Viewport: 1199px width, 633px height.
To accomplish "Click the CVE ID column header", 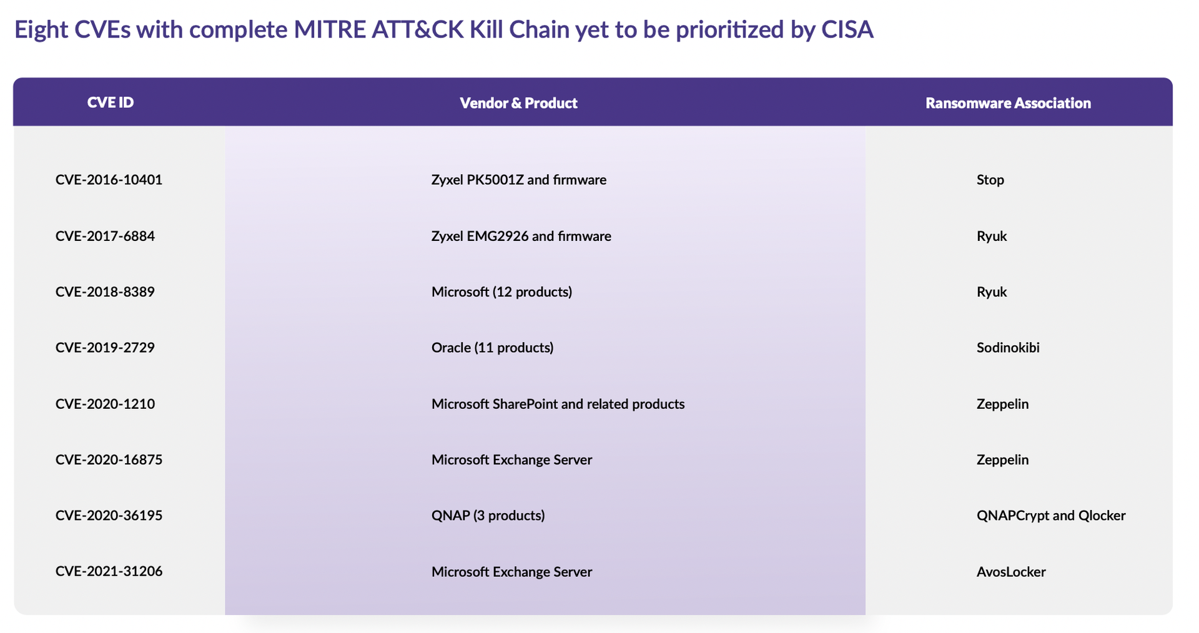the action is pos(111,102).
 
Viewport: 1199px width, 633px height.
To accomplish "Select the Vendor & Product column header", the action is pos(518,103).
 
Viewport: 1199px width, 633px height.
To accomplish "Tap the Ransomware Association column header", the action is pos(1008,103).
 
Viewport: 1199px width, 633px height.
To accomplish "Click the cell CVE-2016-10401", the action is pos(109,180).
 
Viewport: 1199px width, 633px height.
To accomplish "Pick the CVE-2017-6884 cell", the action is pos(105,236).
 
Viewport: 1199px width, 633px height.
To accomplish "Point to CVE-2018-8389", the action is pos(105,292).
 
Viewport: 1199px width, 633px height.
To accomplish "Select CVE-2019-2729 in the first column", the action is pos(105,347).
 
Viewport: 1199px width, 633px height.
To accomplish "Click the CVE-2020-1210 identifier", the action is pos(105,404).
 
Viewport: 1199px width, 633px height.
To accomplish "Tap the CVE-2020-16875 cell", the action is pos(109,459).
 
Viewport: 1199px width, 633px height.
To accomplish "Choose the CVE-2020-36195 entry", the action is pos(109,515).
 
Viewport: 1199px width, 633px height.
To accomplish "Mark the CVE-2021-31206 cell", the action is pos(109,571).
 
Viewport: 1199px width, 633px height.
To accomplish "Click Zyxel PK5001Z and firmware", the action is pos(519,180).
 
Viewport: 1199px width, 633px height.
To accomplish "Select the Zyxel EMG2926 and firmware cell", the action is pos(521,236).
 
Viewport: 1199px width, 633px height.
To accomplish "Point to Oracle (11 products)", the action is pos(493,347).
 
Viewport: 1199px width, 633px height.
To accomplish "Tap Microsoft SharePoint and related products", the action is pos(558,404).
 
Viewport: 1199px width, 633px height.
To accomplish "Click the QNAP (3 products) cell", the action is pos(488,515).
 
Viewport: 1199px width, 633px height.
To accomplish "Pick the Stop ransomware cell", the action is pos(990,180).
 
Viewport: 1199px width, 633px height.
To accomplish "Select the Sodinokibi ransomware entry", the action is pos(1008,347).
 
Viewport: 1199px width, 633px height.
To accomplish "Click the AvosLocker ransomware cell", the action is pos(1011,571).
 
